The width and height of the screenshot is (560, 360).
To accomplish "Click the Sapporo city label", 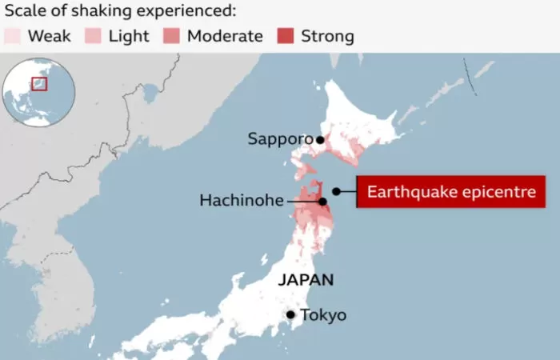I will (x=279, y=139).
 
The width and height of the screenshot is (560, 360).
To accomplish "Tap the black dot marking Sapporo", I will (x=320, y=139).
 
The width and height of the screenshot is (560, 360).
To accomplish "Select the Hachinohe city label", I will (x=241, y=201).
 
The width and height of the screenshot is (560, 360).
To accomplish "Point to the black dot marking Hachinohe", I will (x=322, y=202).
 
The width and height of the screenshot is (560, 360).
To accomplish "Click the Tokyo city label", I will (x=323, y=315).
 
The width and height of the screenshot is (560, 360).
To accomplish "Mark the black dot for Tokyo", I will (x=290, y=315).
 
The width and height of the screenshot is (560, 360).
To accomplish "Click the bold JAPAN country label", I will (x=306, y=280).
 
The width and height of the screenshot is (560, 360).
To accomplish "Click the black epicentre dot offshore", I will (x=337, y=191).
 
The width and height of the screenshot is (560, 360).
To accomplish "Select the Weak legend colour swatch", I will (x=14, y=36).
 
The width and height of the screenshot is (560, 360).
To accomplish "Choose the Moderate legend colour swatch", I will (x=172, y=36).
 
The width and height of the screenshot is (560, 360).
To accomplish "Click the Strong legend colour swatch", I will (x=286, y=36).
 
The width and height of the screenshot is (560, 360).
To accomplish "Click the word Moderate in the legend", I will (x=225, y=36).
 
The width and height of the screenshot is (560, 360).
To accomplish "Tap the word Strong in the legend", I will (x=327, y=36).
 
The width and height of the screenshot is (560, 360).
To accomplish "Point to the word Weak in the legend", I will (x=49, y=36).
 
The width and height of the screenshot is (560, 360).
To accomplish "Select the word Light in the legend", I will (x=128, y=36).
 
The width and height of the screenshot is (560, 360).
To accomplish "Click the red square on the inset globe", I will (x=39, y=84).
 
